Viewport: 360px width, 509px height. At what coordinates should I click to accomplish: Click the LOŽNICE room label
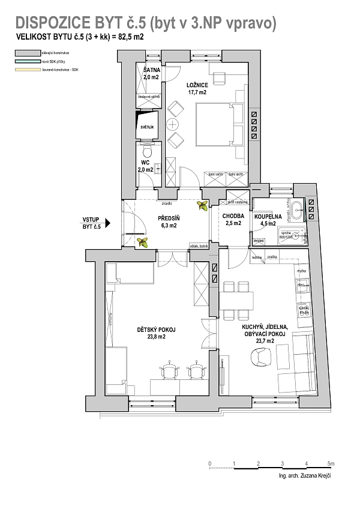pos(197,85)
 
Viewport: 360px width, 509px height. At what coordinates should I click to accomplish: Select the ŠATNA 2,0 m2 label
pos(151,74)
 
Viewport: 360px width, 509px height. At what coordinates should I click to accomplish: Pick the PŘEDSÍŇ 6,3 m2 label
pos(169,222)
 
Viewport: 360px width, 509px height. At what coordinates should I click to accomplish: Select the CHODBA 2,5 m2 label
pos(232,220)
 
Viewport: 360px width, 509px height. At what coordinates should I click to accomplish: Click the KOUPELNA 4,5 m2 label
pos(266,220)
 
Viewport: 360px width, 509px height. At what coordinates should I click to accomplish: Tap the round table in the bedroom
pos(173,125)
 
